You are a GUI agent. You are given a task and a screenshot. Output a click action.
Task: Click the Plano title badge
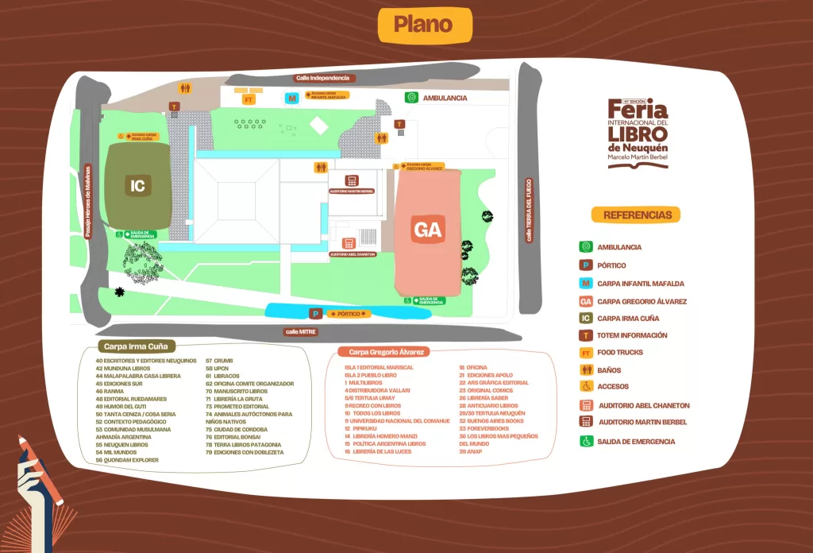pyautogui.click(x=422, y=25)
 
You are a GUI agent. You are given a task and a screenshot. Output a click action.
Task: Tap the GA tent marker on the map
pyautogui.click(x=427, y=230)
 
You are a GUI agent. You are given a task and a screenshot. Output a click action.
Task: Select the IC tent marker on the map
pyautogui.click(x=138, y=186)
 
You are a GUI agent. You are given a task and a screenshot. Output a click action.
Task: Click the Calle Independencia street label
pyautogui.click(x=322, y=78)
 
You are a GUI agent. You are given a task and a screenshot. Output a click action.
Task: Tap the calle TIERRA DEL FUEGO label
pyautogui.click(x=528, y=210)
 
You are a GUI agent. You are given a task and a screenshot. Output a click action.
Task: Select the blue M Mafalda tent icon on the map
pyautogui.click(x=292, y=99)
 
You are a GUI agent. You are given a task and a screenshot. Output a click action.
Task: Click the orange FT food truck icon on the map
pyautogui.click(x=249, y=99)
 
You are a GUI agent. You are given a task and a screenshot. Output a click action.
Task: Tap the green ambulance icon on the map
pyautogui.click(x=411, y=98)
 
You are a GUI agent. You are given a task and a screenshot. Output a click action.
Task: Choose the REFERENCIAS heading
pyautogui.click(x=637, y=215)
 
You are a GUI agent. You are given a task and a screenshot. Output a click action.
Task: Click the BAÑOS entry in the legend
pyautogui.click(x=609, y=370)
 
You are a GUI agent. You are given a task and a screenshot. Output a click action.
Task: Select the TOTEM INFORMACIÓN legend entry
pyautogui.click(x=631, y=336)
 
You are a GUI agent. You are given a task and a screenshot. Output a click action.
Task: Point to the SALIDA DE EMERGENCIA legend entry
pyautogui.click(x=635, y=442)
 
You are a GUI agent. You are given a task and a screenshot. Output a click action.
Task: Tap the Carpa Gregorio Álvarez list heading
pyautogui.click(x=382, y=351)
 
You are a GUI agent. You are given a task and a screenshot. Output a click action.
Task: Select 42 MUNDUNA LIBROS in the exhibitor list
pyautogui.click(x=122, y=368)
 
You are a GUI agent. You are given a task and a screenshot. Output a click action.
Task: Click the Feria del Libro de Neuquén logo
pyautogui.click(x=638, y=133)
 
